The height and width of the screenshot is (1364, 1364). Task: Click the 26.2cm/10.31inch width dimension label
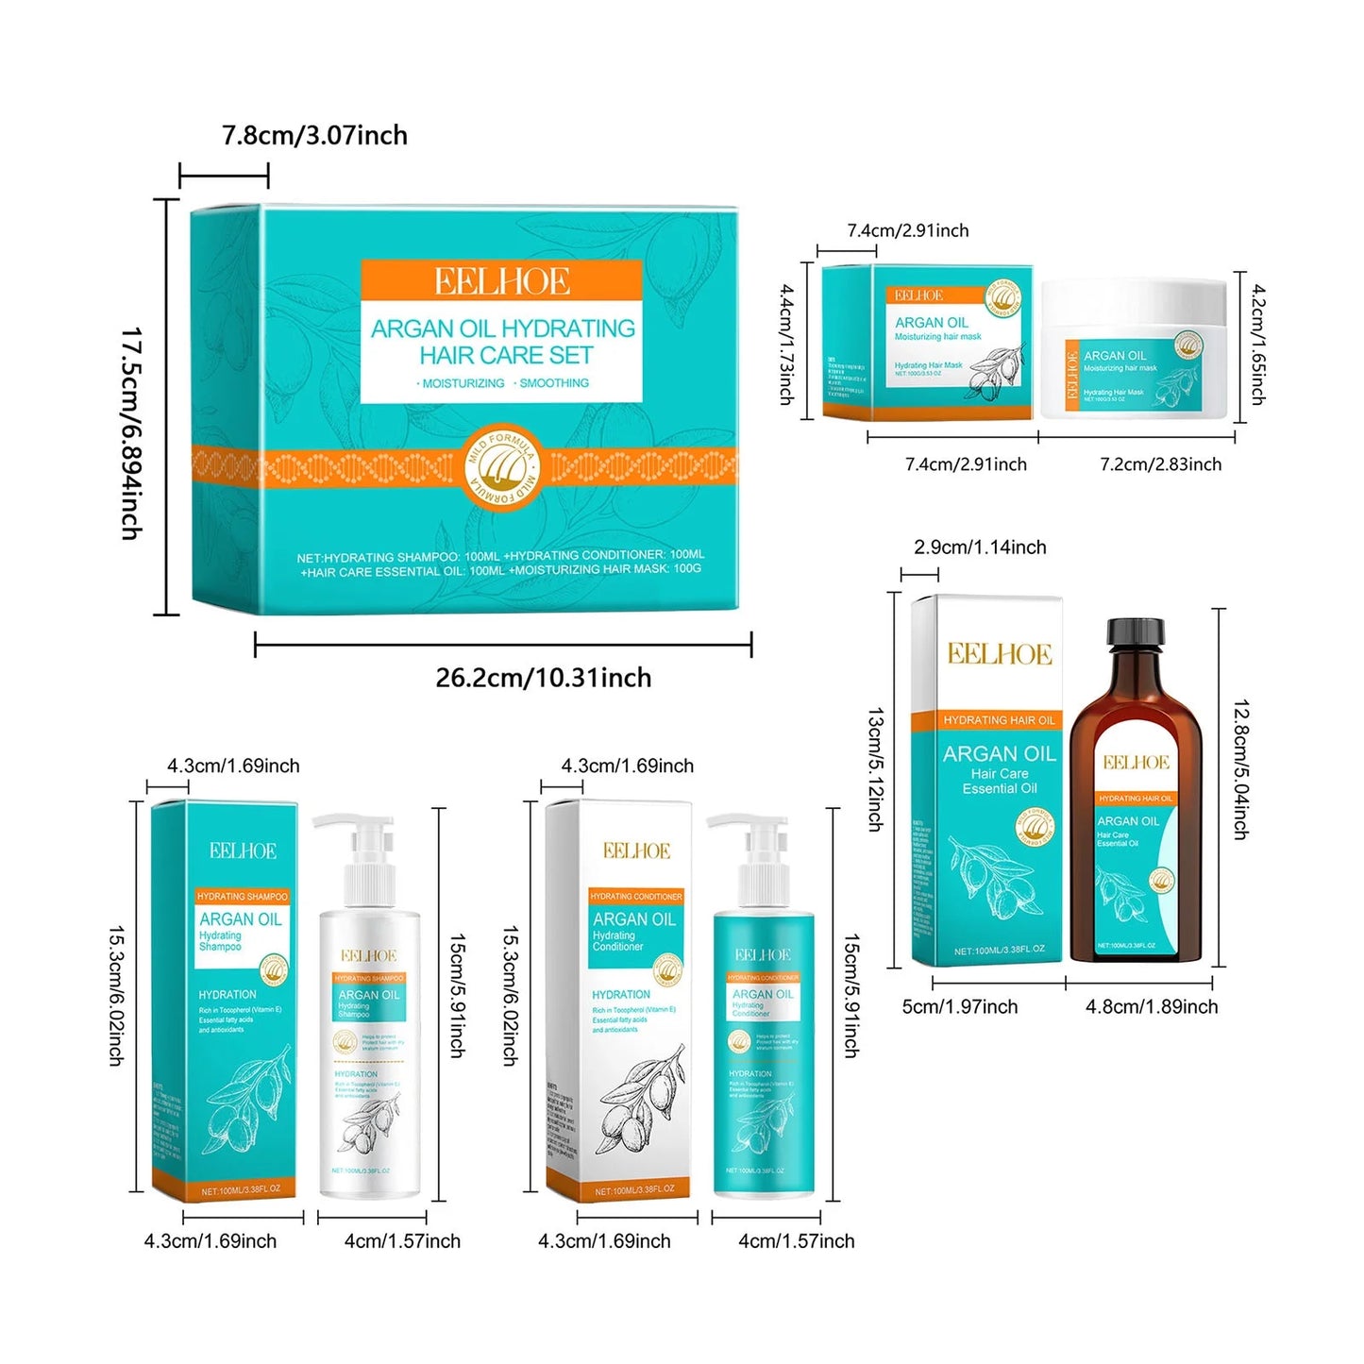pos(543,678)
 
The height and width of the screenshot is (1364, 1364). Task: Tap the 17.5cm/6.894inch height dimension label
pos(131,433)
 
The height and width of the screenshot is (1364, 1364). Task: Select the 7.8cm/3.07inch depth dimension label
pos(314,136)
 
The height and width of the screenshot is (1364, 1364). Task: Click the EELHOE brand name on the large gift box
pos(501,281)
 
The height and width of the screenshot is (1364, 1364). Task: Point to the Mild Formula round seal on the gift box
pos(502,465)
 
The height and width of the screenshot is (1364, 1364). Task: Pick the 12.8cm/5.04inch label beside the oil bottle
pos(1241,769)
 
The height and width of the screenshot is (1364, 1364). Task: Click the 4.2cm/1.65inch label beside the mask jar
pos(1257,345)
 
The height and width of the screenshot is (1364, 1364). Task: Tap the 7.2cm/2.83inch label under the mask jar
pos(1160,464)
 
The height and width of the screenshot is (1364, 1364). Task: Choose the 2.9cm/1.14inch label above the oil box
pos(980,547)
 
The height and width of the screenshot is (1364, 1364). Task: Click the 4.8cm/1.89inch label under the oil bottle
pos(1151,1007)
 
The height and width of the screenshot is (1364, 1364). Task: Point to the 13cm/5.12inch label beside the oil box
pos(875,769)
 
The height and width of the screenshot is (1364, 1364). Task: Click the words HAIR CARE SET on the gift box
pos(506,356)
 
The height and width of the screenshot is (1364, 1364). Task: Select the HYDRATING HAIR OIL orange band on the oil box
pos(999,720)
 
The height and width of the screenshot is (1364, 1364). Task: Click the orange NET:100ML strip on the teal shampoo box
pos(241,1190)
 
